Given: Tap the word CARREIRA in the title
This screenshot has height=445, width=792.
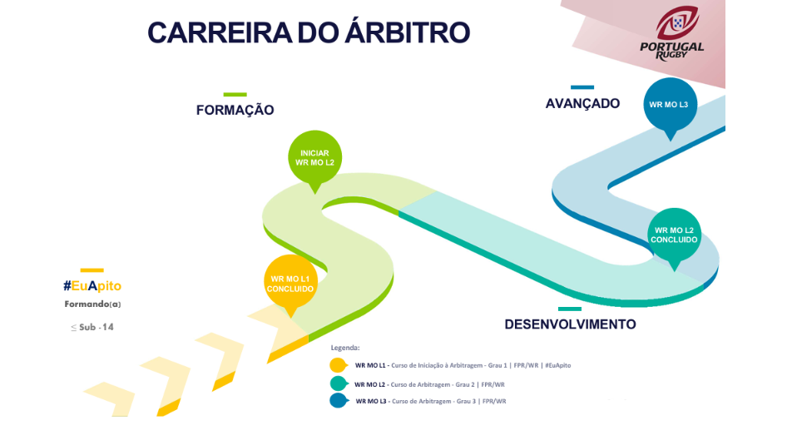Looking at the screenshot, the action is tap(220, 32).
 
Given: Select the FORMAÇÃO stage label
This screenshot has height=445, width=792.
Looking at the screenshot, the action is tap(235, 110).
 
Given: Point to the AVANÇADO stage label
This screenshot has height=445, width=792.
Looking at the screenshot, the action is tap(582, 103).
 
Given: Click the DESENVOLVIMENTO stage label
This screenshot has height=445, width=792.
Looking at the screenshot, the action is tap(570, 324).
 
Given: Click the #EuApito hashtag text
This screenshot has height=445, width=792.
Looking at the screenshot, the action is tap(92, 286).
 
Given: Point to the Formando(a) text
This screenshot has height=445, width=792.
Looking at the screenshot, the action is tap(92, 304).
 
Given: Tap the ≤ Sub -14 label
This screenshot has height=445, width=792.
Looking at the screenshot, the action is tap(92, 328).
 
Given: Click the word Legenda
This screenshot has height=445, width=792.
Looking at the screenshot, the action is tap(345, 348).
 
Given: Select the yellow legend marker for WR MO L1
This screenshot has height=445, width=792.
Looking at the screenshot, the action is tap(339, 364).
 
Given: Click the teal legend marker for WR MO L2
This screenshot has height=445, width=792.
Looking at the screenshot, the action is tap(339, 383).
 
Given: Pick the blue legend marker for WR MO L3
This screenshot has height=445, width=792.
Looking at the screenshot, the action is tap(339, 401).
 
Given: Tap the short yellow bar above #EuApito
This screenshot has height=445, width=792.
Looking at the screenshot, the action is tap(92, 270).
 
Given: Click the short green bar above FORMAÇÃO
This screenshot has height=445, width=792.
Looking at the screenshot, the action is tap(235, 95).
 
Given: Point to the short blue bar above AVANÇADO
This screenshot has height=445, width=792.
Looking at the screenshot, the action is tap(582, 87).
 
